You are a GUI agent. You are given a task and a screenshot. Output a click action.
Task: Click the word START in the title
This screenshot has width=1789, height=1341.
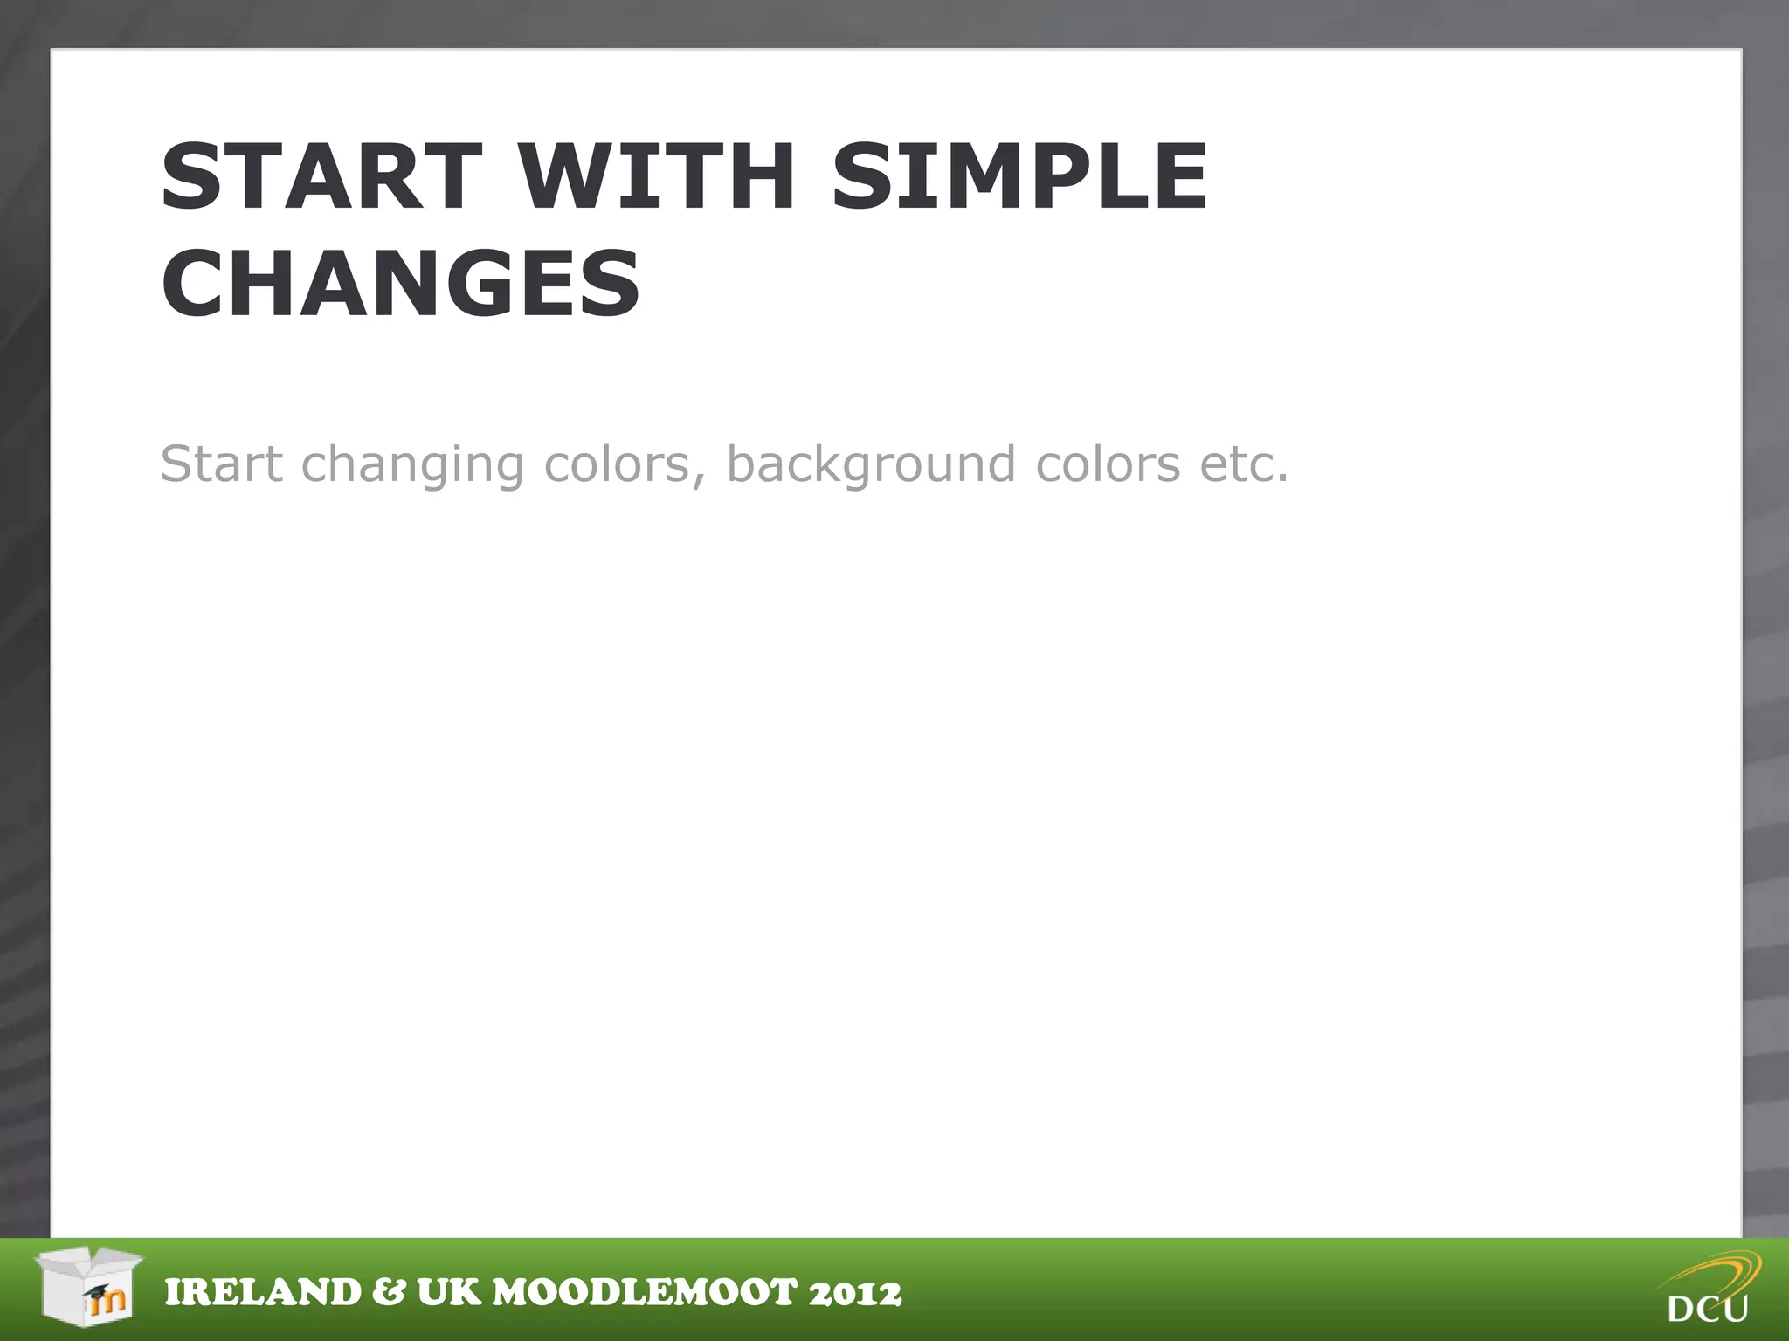click(321, 177)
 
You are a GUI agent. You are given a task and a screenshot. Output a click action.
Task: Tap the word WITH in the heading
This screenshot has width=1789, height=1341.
click(657, 177)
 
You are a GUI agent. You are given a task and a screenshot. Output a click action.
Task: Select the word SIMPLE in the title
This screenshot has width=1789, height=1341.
click(1019, 177)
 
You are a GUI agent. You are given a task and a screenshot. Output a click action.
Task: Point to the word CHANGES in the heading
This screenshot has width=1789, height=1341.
click(401, 284)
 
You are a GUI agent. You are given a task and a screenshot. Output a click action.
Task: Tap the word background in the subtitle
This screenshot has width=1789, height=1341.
click(871, 465)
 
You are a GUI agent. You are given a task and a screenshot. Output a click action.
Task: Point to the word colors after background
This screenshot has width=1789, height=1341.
click(1108, 464)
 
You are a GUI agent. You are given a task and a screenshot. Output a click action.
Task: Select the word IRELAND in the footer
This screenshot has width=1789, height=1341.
click(263, 1293)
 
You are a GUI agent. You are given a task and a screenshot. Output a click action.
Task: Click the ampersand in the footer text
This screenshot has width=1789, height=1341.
click(389, 1293)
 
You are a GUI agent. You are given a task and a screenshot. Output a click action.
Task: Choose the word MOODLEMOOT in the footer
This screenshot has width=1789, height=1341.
click(646, 1293)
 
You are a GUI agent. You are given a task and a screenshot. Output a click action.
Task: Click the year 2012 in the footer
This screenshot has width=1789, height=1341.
click(855, 1293)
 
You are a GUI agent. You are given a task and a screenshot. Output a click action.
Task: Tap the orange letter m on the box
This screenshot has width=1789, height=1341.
click(110, 1302)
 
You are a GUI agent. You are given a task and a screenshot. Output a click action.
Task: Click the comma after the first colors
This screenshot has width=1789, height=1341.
click(698, 479)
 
